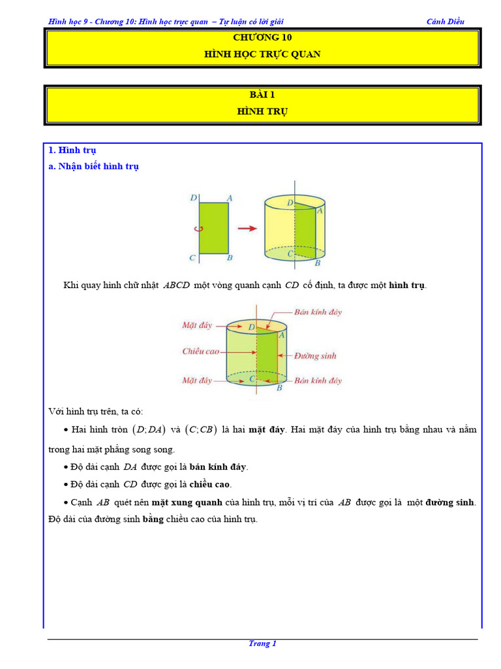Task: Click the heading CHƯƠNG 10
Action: tap(262, 37)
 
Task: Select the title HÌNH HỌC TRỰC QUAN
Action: tap(262, 54)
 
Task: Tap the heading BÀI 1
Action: tap(262, 94)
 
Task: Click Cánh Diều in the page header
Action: tap(445, 22)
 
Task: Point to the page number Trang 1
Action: tap(262, 644)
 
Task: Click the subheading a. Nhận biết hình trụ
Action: tap(94, 167)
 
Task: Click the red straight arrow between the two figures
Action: tap(246, 228)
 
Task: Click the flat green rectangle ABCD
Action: tap(214, 228)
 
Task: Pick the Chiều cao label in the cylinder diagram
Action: tap(200, 351)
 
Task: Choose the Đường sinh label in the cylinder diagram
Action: tap(315, 356)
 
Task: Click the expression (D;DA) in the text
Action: tap(148, 430)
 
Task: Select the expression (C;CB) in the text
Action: tap(200, 430)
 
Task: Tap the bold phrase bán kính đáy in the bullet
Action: tap(219, 467)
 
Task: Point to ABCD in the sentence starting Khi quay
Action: tap(176, 286)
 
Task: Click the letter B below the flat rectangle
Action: tap(230, 258)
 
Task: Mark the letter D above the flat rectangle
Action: tap(193, 197)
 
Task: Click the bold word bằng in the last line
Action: tap(152, 519)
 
